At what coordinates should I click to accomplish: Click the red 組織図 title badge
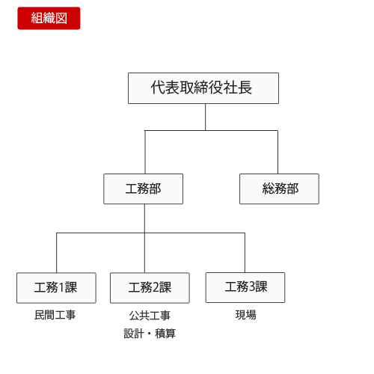[x=49, y=18]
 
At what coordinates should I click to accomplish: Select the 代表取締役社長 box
[x=203, y=88]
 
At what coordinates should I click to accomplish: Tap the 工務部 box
[x=144, y=188]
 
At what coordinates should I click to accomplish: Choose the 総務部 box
[x=279, y=188]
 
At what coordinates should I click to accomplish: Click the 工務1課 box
[x=56, y=288]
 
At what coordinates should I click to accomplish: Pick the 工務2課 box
[x=150, y=288]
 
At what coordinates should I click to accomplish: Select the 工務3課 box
[x=245, y=287]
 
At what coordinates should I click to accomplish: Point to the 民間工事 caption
[x=55, y=315]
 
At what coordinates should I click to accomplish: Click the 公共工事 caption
[x=150, y=316]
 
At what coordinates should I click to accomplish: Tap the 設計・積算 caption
[x=150, y=334]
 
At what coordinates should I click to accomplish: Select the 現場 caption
[x=245, y=315]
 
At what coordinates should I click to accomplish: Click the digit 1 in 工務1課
[x=61, y=287]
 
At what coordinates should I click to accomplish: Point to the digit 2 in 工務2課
[x=156, y=287]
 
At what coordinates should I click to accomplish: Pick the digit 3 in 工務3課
[x=251, y=286]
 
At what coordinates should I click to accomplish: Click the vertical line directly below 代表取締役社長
[x=206, y=117]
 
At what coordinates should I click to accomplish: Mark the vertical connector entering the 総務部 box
[x=278, y=152]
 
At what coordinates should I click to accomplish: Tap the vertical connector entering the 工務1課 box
[x=57, y=253]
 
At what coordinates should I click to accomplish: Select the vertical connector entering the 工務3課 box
[x=245, y=253]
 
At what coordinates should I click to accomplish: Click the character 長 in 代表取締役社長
[x=245, y=88]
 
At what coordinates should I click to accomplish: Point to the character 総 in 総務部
[x=269, y=188]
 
